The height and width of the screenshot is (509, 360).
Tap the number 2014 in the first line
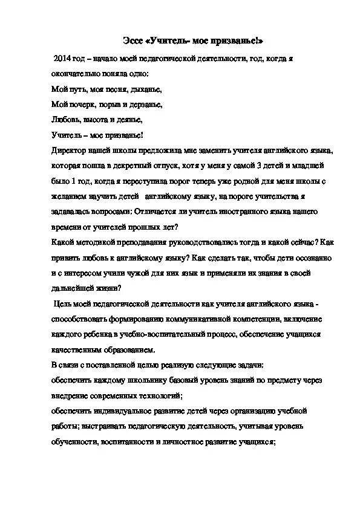click(64, 59)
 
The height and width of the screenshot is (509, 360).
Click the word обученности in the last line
click(74, 441)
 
